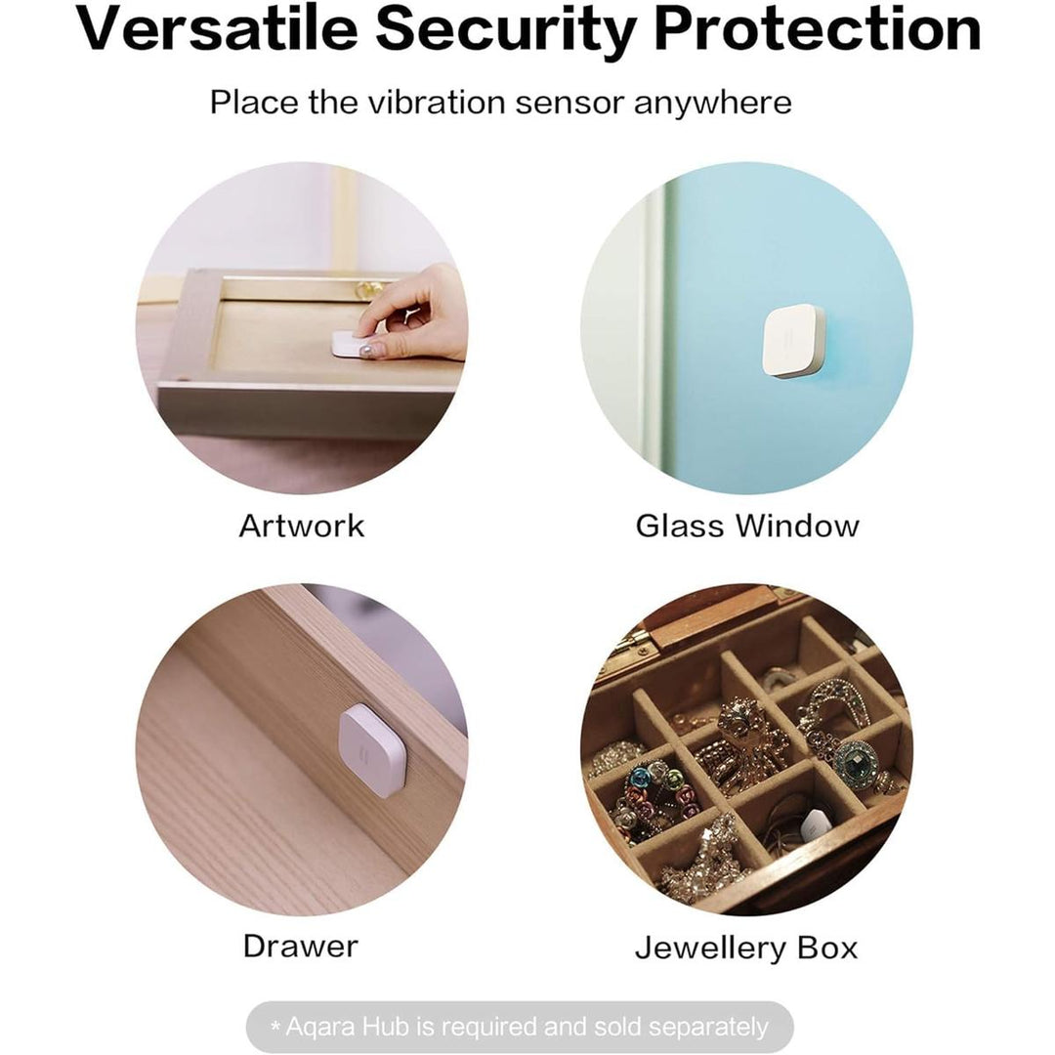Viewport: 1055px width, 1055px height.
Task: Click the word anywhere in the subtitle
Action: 712,102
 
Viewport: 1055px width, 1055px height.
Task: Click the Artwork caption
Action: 301,526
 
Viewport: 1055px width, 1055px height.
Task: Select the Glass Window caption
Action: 747,526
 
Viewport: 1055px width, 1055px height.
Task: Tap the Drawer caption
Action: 300,946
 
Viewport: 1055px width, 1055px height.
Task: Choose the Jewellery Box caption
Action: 746,948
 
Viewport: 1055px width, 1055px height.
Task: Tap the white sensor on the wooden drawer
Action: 371,749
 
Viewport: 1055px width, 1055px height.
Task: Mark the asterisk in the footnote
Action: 275,1026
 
